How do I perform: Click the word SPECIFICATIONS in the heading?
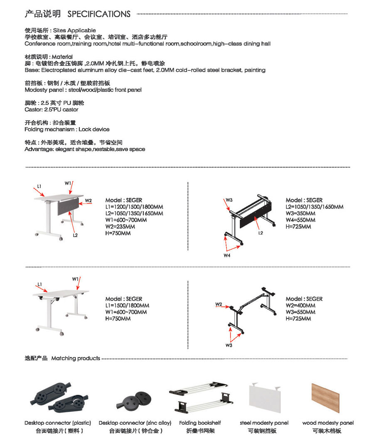99,14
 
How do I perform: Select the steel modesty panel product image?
264,397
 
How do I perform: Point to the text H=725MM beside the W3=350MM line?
298,227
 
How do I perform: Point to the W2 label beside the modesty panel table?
88,201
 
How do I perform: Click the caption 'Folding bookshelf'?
200,423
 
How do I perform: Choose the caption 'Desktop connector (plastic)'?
58,423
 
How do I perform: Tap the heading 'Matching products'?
76,358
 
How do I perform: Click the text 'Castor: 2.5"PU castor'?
52,110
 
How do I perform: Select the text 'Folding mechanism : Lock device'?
67,130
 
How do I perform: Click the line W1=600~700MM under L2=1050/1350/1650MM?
126,220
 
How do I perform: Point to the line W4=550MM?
300,220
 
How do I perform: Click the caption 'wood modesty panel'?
328,423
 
